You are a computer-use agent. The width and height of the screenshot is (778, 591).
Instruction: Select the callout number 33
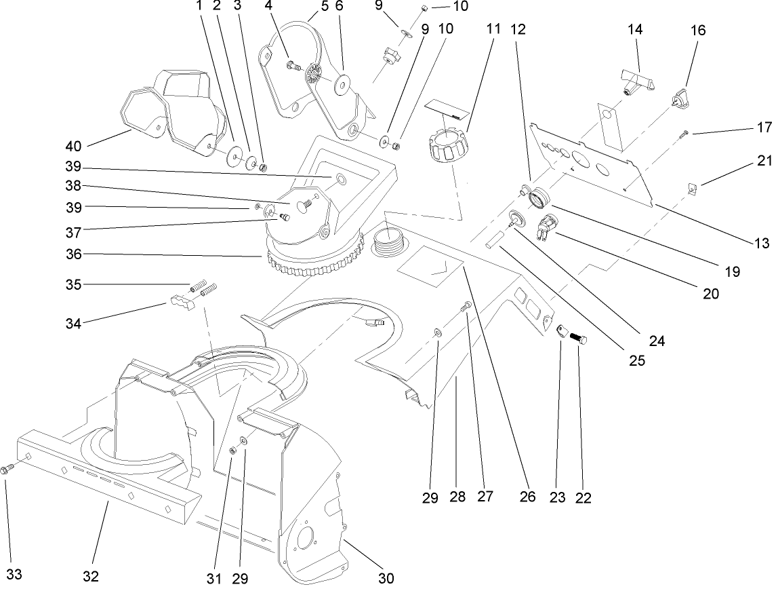tap(14, 575)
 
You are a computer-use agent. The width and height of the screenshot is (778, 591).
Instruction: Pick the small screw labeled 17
tap(686, 133)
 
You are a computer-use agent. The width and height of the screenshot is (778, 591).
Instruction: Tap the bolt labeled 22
tap(578, 337)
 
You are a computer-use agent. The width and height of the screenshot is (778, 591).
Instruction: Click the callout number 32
tap(91, 576)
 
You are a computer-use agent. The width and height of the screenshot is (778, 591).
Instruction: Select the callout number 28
tap(457, 497)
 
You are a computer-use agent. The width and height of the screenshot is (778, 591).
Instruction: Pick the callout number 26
tap(528, 497)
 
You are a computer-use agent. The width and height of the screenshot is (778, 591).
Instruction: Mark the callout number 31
tap(214, 578)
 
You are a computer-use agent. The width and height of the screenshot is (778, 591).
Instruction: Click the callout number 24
tap(656, 341)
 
